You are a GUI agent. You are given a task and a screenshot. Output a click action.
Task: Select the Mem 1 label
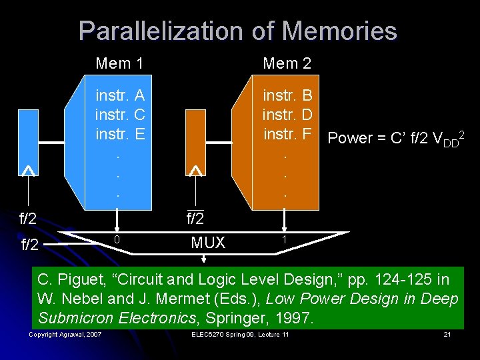tap(119, 63)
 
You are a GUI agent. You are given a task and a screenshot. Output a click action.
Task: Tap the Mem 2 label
tap(287, 63)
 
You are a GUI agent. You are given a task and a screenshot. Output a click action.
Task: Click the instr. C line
tap(121, 114)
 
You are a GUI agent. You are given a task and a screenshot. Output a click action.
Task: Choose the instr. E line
tap(121, 133)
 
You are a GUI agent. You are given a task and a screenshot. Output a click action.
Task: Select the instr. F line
tap(288, 133)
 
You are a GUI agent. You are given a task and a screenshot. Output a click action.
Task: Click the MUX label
tap(208, 243)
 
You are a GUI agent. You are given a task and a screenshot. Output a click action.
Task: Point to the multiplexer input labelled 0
tap(117, 239)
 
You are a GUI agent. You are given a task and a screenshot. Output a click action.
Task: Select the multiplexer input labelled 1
tap(285, 239)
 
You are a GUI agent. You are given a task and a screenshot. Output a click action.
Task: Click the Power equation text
tap(396, 138)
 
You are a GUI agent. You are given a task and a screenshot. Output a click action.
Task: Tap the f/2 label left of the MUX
tap(30, 245)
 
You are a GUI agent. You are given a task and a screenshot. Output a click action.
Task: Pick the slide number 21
tap(448, 334)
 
